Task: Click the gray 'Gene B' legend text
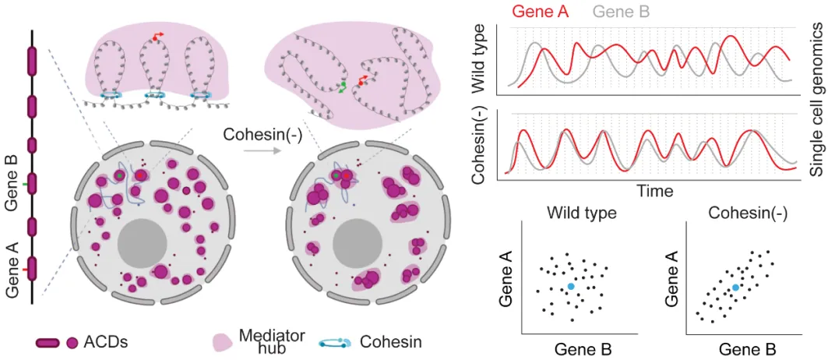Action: coord(621,11)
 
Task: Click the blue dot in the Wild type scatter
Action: coord(571,287)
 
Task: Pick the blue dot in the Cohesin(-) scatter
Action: coord(736,288)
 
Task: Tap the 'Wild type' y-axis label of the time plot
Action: coord(479,58)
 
